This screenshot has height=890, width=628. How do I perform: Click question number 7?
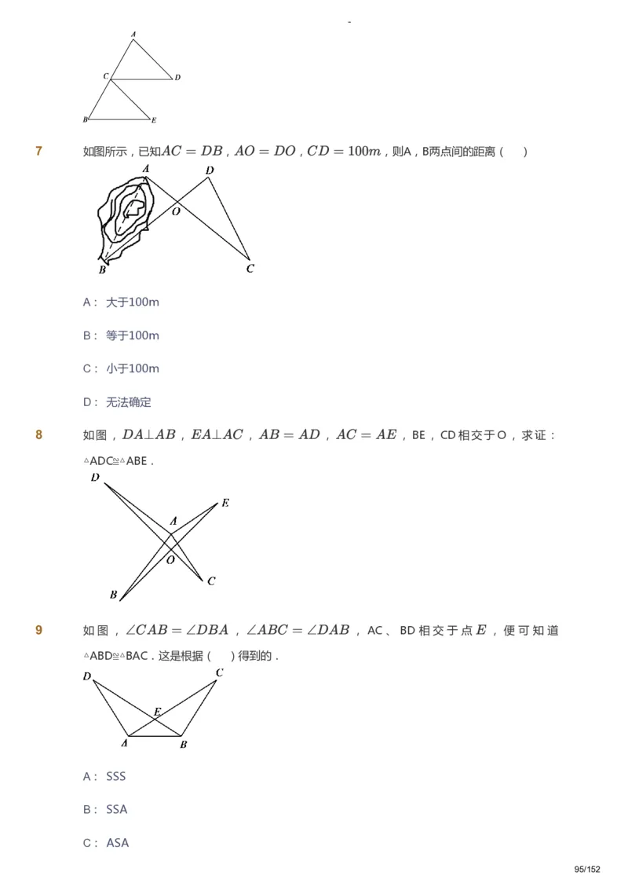(39, 151)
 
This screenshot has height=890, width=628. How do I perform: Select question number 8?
(39, 434)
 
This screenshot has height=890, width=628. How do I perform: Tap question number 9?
(39, 630)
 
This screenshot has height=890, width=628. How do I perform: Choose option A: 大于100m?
(122, 302)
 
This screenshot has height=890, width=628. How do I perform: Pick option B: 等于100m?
(122, 335)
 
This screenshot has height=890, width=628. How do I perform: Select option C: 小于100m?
(122, 368)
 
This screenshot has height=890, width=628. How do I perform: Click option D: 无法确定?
(117, 402)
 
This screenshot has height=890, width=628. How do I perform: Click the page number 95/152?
(587, 869)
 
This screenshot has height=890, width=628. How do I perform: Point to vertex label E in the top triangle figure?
(154, 120)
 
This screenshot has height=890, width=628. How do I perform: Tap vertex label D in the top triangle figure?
(178, 77)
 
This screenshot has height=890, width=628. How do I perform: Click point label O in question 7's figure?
(176, 211)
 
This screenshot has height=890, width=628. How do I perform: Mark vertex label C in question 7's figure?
(250, 269)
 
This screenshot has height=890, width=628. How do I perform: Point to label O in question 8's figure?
(170, 560)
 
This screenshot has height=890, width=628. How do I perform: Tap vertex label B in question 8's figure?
(114, 595)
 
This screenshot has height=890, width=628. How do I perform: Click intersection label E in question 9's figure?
(157, 712)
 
